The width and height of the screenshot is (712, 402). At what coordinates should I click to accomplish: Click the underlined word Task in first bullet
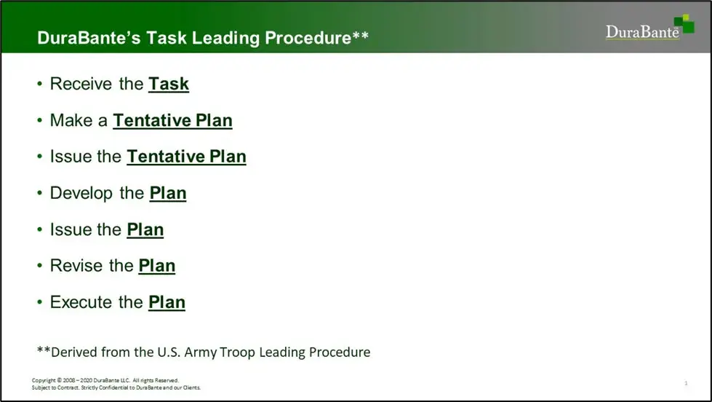pyautogui.click(x=169, y=84)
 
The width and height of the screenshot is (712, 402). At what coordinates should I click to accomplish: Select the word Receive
pyautogui.click(x=81, y=84)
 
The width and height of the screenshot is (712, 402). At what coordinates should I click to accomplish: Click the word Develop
pyautogui.click(x=81, y=194)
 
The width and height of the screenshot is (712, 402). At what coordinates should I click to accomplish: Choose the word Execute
pyautogui.click(x=81, y=302)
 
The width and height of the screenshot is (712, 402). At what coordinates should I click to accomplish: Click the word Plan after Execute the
pyautogui.click(x=167, y=302)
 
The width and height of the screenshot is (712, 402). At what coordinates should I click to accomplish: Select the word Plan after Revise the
pyautogui.click(x=156, y=266)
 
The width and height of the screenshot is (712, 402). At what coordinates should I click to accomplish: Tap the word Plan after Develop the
pyautogui.click(x=168, y=193)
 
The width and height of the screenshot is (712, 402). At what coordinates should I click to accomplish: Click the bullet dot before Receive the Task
pyautogui.click(x=40, y=84)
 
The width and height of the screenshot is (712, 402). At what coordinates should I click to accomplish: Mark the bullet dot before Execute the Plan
pyautogui.click(x=40, y=301)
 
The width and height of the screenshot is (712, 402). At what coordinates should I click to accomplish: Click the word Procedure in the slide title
pyautogui.click(x=308, y=38)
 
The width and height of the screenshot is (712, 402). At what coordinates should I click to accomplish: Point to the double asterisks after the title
pyautogui.click(x=360, y=34)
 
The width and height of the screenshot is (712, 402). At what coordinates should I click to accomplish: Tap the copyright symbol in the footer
pyautogui.click(x=60, y=380)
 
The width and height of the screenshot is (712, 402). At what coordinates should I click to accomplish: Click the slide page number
pyautogui.click(x=686, y=383)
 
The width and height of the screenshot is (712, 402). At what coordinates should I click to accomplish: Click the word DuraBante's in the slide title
pyautogui.click(x=89, y=38)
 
